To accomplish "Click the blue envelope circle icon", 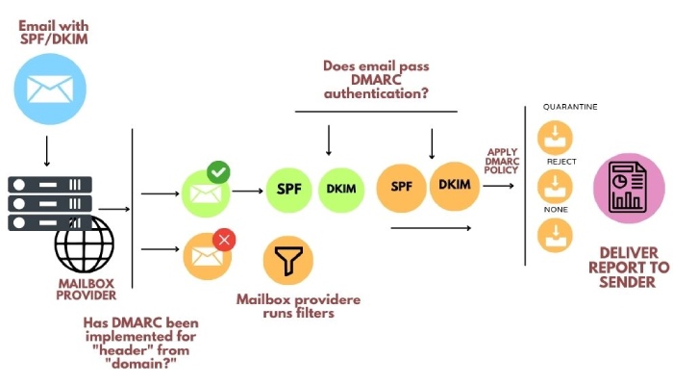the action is click(x=50, y=90).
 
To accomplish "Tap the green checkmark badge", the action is click(x=218, y=172).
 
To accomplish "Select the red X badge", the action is click(x=224, y=240).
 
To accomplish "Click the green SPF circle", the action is click(x=288, y=189).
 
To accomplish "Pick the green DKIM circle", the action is click(x=341, y=189).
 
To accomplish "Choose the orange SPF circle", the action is click(x=401, y=187).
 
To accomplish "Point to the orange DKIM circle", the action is click(x=455, y=185).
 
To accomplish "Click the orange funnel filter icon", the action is click(x=288, y=260).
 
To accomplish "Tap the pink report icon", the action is click(x=629, y=189).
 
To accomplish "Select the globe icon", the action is click(x=85, y=244).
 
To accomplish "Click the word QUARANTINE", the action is click(x=570, y=107).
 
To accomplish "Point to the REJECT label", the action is click(x=561, y=162).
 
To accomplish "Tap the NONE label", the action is click(x=556, y=210).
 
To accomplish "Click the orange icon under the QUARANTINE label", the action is click(x=555, y=138).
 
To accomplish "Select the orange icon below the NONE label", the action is click(x=555, y=236).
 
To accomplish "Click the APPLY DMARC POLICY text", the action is click(x=501, y=161).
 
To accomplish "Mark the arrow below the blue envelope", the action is click(x=47, y=152).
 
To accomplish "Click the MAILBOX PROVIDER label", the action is click(x=87, y=290).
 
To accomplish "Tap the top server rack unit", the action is click(x=50, y=185).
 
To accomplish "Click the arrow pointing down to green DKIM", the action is click(x=329, y=141).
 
